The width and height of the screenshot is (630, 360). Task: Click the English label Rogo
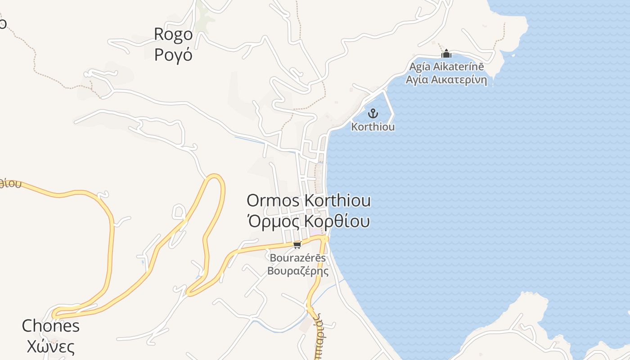[x=173, y=34]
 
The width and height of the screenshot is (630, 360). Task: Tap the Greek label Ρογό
[x=173, y=54]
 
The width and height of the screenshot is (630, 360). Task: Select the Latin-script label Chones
[x=51, y=326]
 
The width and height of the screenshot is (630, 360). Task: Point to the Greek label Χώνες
[x=51, y=347]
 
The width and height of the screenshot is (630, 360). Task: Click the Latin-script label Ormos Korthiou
[x=309, y=201]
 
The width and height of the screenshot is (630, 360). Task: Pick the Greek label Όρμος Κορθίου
[x=309, y=221]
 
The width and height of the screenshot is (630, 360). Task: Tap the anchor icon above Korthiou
[x=373, y=113]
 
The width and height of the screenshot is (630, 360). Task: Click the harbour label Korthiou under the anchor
[x=373, y=127]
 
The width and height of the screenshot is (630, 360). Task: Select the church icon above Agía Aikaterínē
[x=446, y=54]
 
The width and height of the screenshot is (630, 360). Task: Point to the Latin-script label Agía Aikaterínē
[x=446, y=67]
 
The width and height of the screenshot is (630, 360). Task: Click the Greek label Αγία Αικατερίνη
[x=446, y=80]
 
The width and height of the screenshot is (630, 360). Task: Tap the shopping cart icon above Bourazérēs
[x=297, y=245]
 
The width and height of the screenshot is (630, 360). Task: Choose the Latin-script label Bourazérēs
[x=297, y=258]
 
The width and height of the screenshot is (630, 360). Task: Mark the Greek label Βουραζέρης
[x=297, y=271]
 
